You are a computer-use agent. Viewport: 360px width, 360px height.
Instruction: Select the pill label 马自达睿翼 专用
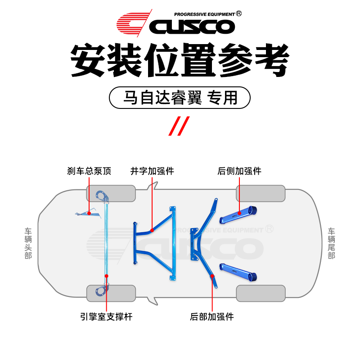(180, 98)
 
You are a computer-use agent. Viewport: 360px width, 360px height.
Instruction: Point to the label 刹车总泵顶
(89, 171)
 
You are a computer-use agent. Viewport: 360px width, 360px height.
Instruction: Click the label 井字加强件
(152, 171)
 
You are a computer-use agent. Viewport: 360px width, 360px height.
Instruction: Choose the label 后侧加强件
(239, 171)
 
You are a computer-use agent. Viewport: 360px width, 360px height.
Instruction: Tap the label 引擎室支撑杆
(107, 317)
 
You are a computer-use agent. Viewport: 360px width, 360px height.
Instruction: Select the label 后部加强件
(212, 317)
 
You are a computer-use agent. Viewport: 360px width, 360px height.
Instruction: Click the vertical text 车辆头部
(28, 243)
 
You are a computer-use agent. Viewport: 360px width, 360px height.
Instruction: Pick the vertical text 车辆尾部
(332, 243)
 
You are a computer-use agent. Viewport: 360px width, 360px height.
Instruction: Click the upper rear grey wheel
(261, 193)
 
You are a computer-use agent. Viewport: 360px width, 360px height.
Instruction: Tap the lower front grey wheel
(111, 293)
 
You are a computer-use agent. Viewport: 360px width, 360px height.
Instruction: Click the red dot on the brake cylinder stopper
(89, 212)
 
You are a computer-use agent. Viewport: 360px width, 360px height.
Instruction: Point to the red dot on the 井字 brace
(152, 230)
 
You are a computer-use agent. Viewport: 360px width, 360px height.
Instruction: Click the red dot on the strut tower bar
(107, 275)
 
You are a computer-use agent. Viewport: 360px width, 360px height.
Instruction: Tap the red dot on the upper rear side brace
(239, 212)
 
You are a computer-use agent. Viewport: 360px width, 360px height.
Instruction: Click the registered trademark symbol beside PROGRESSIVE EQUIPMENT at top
(238, 14)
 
